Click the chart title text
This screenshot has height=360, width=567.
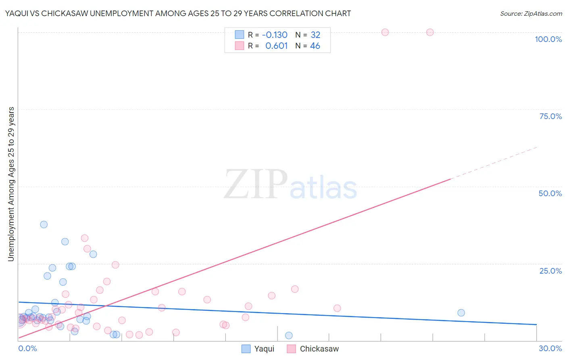tap(178, 13)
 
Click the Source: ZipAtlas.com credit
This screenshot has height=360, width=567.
tap(531, 13)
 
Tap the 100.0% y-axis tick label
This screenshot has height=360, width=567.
tap(548, 39)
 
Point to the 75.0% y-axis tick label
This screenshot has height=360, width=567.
tap(550, 116)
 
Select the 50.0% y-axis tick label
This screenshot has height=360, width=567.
tap(550, 193)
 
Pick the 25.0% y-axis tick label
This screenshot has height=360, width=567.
tap(550, 271)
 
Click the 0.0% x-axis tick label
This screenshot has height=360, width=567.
tap(27, 348)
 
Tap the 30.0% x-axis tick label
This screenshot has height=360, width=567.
tap(550, 348)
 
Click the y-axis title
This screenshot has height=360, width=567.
tap(11, 184)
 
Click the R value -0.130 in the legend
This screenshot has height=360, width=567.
tap(275, 35)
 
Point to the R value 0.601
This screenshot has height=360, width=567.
tap(276, 46)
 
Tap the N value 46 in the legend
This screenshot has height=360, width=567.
tap(315, 46)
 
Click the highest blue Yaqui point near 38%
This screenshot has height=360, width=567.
tap(44, 224)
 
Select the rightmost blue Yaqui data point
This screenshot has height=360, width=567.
tap(461, 313)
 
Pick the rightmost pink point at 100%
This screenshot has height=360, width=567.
tap(430, 32)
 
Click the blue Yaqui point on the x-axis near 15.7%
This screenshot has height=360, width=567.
tap(289, 335)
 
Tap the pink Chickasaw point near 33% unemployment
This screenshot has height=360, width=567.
tap(85, 238)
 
